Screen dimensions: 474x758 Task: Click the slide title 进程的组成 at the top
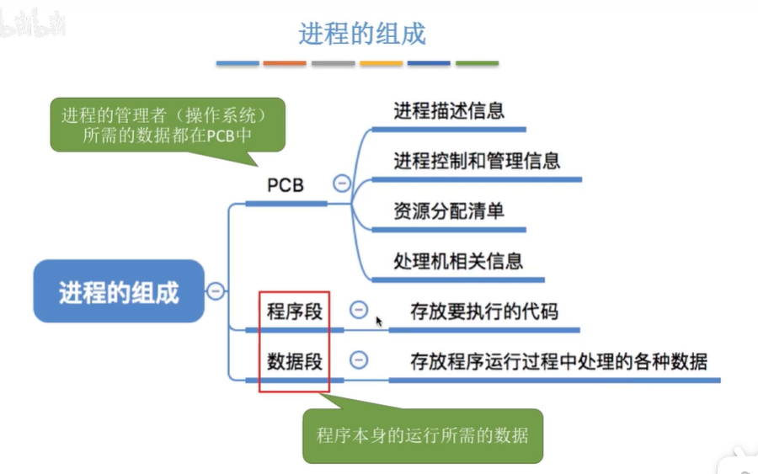coord(362,33)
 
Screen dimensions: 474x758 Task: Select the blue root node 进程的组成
coord(119,291)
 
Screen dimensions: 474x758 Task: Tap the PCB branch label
coord(286,185)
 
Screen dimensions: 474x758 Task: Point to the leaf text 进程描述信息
coord(449,110)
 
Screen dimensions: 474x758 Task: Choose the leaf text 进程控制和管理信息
coord(477,160)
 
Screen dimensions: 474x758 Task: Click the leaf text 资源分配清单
coord(449,210)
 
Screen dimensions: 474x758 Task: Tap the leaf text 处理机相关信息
coord(458,259)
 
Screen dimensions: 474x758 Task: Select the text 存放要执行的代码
coord(483,312)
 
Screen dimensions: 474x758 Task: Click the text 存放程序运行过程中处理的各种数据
coord(558,361)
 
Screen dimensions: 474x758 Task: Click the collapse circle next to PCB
coord(342,183)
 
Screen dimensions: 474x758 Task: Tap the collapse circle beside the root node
coord(216,291)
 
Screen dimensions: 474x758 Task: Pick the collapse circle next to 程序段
coord(359,310)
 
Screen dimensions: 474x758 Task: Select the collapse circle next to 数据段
coord(359,360)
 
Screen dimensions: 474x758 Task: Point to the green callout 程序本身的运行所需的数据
coord(422,435)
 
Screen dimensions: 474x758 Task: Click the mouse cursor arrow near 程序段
coord(379,321)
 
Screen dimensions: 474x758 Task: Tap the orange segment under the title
coord(285,63)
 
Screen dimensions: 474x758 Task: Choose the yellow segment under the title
coord(381,63)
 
